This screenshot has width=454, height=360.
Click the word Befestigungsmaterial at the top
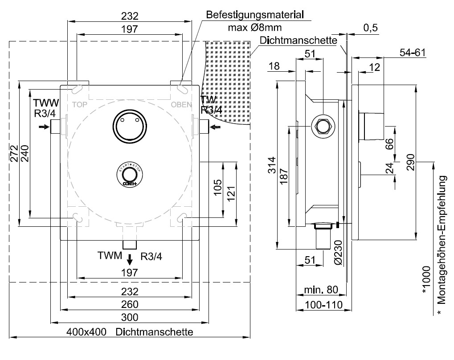[255, 15]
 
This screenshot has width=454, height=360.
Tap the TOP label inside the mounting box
[81, 105]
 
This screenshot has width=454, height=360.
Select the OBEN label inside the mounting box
[181, 105]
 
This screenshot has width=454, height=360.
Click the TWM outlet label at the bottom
[110, 256]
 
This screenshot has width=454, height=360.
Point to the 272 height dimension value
[14, 154]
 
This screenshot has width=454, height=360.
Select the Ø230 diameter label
[337, 253]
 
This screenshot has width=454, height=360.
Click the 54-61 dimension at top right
[413, 52]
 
